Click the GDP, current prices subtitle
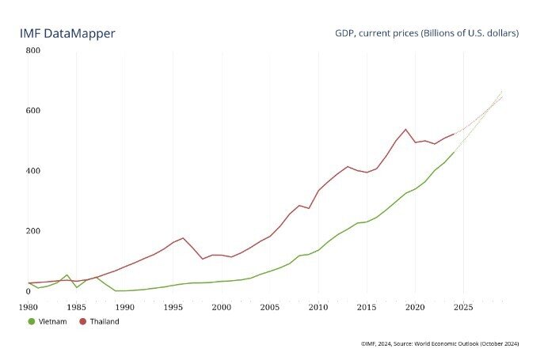(428, 34)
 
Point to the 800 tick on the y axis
(33, 51)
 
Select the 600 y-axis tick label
(33, 111)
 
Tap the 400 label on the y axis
(33, 171)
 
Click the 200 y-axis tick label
(33, 231)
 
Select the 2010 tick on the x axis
(318, 305)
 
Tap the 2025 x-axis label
(463, 305)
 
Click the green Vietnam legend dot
(32, 321)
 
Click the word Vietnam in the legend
(52, 321)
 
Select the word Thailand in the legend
(105, 321)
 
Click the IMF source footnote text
(439, 343)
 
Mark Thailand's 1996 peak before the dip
(183, 237)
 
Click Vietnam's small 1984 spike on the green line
(67, 275)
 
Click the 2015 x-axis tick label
(367, 305)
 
